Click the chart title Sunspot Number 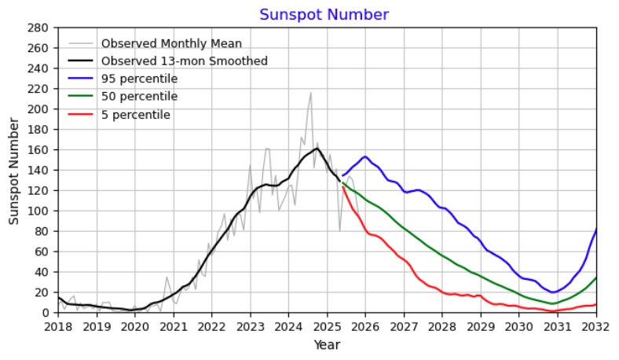[324, 15]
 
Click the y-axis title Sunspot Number [14, 170]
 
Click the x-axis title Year [326, 344]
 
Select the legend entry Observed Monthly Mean [171, 43]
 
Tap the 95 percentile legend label [139, 79]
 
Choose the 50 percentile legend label [139, 97]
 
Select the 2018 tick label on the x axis [58, 325]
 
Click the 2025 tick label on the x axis [327, 325]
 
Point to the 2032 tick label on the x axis [596, 325]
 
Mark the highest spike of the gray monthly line [311, 93]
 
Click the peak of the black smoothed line [317, 148]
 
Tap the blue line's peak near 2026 [364, 156]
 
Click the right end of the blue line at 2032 [596, 229]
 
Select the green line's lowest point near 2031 [552, 303]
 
